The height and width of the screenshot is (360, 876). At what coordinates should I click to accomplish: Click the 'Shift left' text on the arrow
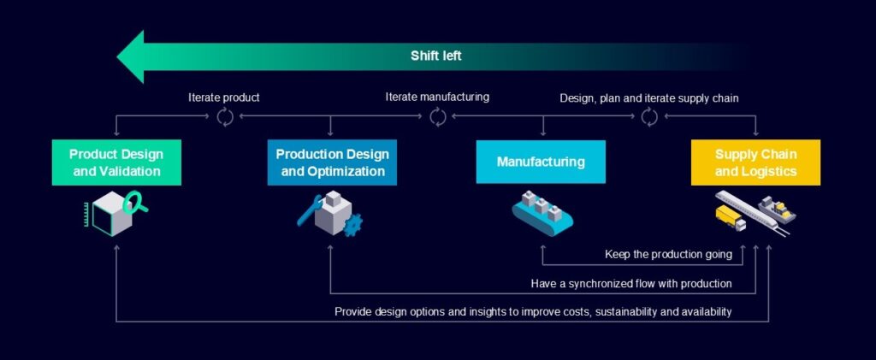click(436, 56)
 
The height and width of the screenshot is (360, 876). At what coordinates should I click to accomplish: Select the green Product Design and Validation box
click(116, 162)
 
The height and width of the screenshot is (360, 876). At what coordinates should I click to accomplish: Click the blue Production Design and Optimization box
click(332, 162)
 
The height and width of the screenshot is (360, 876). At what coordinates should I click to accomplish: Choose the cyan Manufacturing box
click(541, 162)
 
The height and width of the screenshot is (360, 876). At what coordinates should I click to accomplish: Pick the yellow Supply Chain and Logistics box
click(755, 162)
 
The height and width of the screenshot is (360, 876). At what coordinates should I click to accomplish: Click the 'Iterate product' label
click(224, 97)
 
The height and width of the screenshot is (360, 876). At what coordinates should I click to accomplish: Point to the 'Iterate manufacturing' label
click(437, 97)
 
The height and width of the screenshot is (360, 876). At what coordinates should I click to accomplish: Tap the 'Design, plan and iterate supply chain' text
click(649, 98)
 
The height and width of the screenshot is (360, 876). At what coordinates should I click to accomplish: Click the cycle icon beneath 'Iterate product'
click(225, 117)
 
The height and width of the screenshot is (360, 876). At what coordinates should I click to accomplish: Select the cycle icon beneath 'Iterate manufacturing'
click(438, 116)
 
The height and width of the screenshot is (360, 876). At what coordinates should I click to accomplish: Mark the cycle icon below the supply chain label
click(649, 117)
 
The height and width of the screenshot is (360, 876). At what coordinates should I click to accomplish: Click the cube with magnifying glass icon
click(115, 212)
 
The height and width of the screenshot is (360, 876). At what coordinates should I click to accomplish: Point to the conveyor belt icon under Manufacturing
click(542, 215)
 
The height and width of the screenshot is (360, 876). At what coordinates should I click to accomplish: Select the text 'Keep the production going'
click(667, 254)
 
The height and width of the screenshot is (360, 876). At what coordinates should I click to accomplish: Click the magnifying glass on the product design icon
click(134, 203)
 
